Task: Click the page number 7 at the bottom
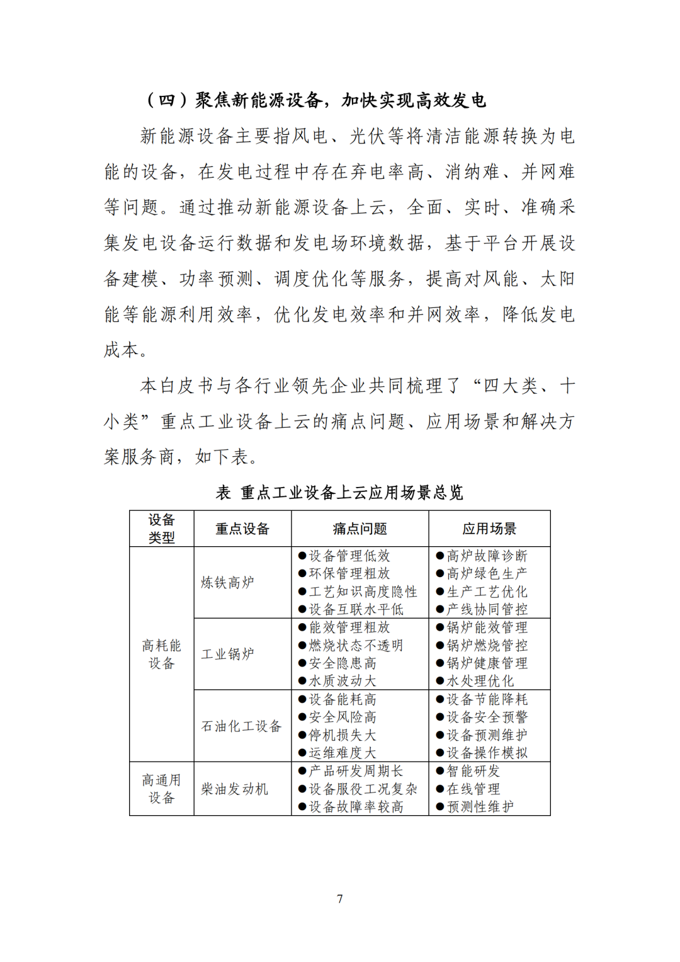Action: click(340, 899)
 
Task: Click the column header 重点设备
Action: click(242, 529)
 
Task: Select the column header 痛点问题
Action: click(360, 529)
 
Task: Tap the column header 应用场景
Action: click(489, 529)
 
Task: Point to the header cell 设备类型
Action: click(161, 529)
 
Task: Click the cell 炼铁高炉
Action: click(227, 582)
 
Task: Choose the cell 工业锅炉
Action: click(227, 654)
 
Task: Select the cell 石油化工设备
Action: click(241, 726)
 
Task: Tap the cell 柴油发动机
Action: click(234, 789)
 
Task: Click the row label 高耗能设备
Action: click(161, 654)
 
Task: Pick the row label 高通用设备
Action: click(161, 789)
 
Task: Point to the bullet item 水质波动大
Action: click(343, 681)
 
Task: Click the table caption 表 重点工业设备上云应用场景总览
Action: click(339, 493)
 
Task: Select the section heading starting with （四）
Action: click(315, 100)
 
